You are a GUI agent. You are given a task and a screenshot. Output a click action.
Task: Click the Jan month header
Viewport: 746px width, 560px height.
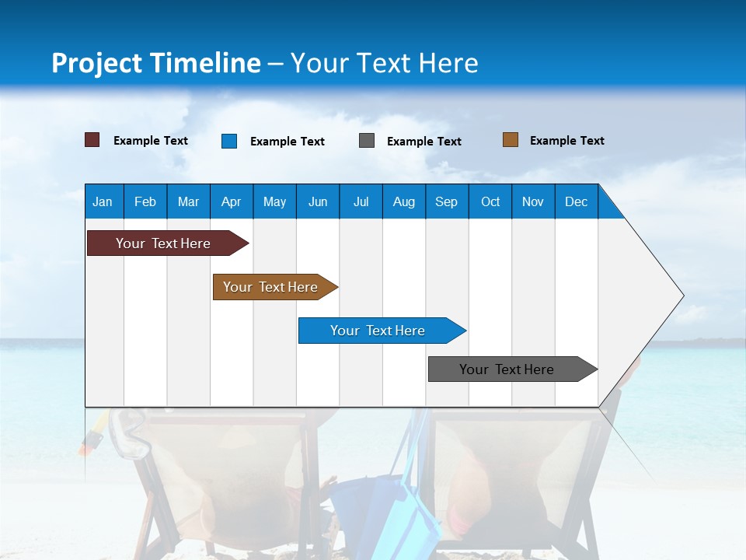pos(103,201)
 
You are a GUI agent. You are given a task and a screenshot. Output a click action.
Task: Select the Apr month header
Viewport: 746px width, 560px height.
pos(231,201)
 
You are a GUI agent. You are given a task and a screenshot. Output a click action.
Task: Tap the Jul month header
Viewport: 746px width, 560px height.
pos(361,201)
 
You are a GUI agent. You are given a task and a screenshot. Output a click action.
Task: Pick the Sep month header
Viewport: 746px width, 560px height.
pos(446,201)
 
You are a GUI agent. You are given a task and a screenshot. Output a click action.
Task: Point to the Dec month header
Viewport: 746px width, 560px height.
pos(576,201)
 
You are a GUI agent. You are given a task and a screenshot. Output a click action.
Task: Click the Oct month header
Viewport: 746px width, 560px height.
pos(490,201)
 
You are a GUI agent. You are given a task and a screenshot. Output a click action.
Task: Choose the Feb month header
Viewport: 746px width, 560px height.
pos(145,201)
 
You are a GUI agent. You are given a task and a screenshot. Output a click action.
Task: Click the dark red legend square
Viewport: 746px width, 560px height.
pos(92,140)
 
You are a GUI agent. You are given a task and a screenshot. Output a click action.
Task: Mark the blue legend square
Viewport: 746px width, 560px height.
pos(229,141)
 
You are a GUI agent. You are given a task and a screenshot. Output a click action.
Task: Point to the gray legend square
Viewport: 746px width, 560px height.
pos(367,141)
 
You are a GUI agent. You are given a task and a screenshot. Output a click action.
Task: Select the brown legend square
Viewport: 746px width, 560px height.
pos(511,140)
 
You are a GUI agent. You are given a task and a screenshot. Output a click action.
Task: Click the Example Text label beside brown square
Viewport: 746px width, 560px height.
pos(566,141)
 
